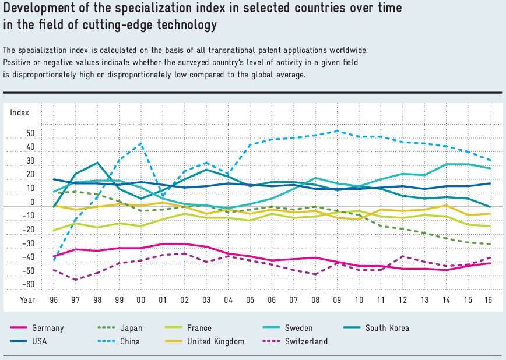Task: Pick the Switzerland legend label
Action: [x=306, y=341]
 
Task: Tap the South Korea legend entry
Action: [x=387, y=328]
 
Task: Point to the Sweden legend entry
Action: [x=299, y=328]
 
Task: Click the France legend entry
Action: [x=200, y=328]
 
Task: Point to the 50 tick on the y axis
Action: [x=30, y=133]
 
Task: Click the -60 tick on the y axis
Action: [x=29, y=285]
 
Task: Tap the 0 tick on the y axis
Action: [x=33, y=203]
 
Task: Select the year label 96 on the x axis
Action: [x=54, y=299]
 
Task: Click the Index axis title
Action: [x=19, y=112]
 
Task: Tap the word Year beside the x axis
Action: [x=28, y=299]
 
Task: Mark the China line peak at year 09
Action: [x=337, y=131]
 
